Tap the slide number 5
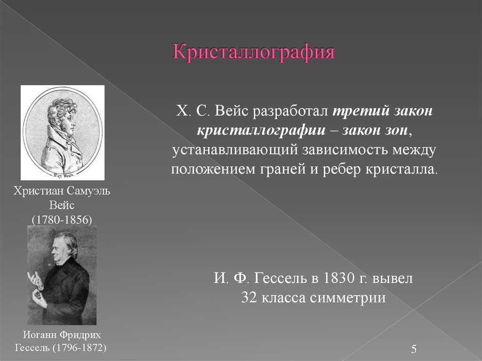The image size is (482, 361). (x=414, y=349)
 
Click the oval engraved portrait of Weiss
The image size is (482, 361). (x=63, y=132)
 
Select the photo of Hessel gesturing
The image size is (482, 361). (x=62, y=275)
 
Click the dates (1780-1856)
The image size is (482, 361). (x=62, y=220)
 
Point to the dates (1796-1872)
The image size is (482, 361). (x=80, y=348)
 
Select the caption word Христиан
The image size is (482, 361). (x=35, y=193)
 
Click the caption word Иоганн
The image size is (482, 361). (x=41, y=335)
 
